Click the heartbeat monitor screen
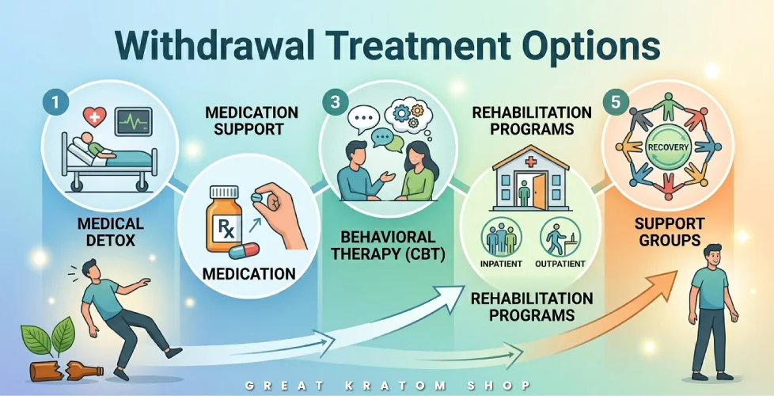[x=133, y=122]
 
